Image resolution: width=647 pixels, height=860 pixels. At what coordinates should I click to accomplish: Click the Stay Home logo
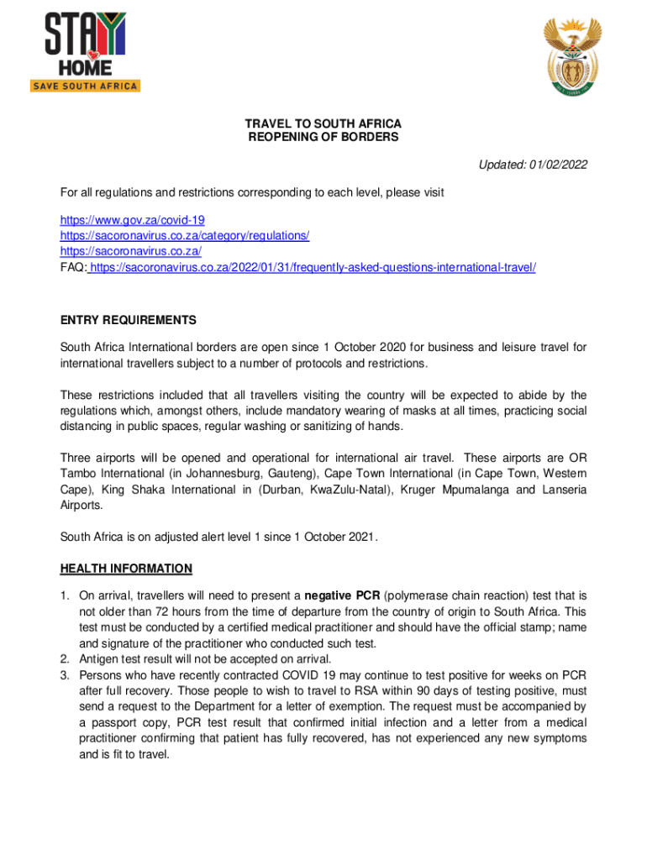[85, 49]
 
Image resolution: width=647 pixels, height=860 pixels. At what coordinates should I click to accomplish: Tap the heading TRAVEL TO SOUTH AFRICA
[323, 123]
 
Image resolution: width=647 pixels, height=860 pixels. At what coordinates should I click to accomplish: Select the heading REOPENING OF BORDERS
[323, 137]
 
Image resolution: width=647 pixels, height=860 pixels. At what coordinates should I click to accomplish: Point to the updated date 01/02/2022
[559, 165]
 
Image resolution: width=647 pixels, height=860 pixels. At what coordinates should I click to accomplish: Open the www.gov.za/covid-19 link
[132, 221]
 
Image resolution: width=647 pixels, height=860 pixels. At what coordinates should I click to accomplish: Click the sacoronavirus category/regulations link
[185, 236]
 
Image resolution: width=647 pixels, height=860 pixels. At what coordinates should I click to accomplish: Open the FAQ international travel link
[312, 267]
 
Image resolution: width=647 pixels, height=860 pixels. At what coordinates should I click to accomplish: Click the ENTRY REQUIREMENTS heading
[128, 320]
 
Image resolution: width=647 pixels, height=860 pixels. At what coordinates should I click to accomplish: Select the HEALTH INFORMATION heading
[126, 569]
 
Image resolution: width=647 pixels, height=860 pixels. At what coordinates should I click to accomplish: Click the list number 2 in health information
[65, 658]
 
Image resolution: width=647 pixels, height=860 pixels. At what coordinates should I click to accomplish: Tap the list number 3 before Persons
[65, 674]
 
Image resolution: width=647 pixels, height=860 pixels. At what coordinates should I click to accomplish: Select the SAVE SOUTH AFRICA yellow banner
[85, 86]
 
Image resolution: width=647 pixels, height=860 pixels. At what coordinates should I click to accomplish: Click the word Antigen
[100, 658]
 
